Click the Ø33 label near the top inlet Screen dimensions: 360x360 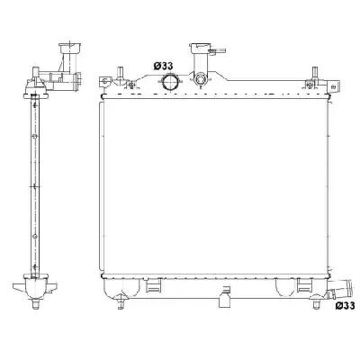click(163, 65)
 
